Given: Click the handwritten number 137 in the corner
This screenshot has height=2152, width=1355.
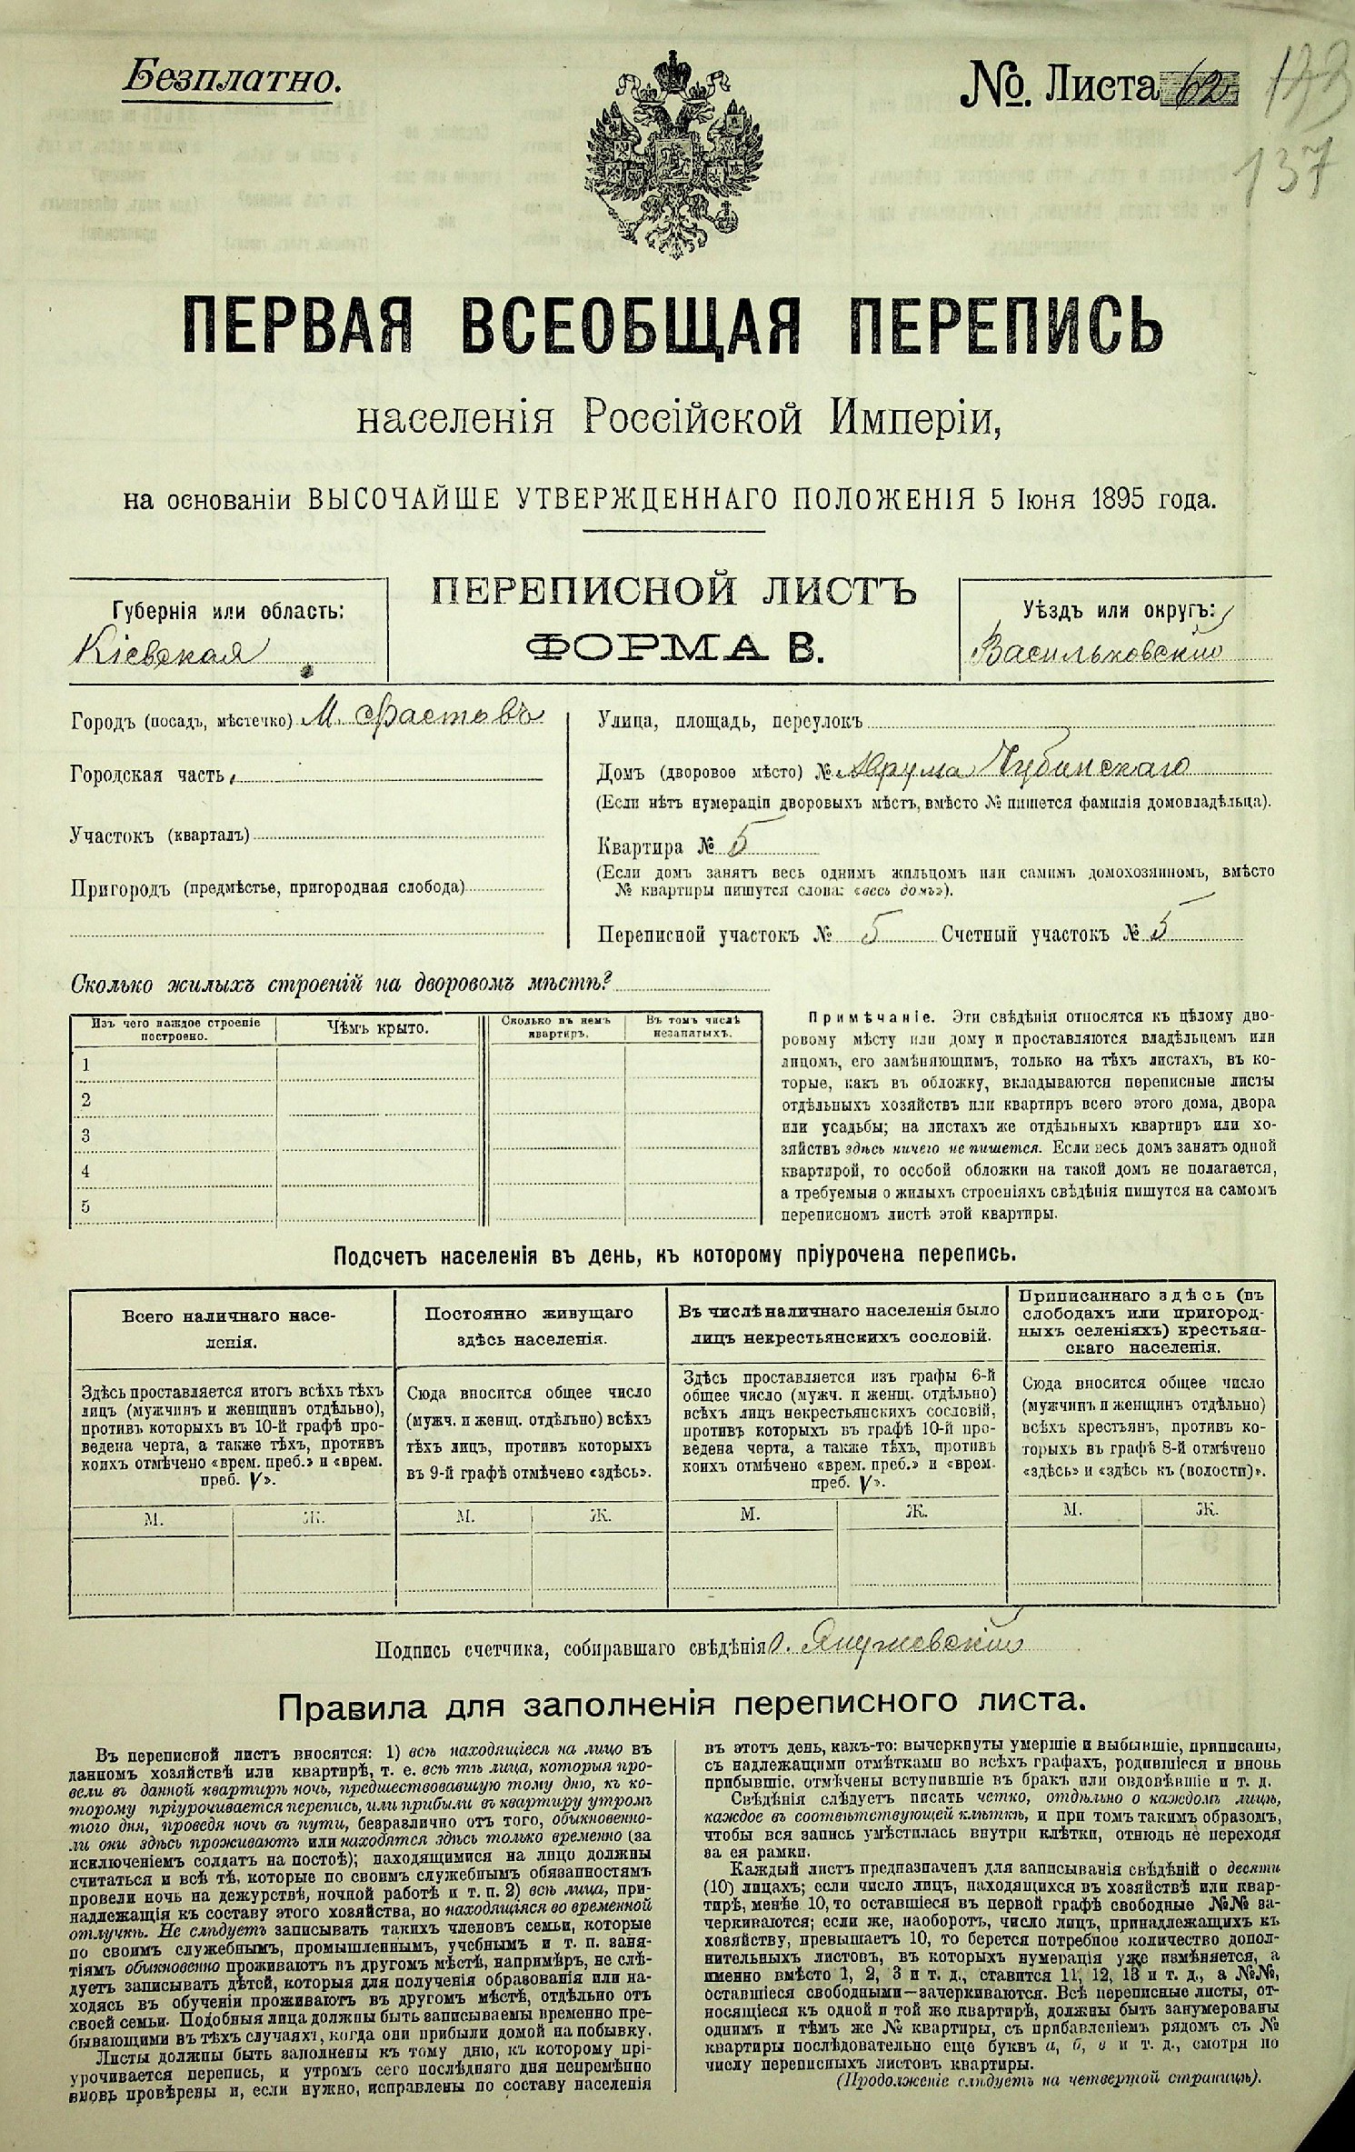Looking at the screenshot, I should click(1294, 167).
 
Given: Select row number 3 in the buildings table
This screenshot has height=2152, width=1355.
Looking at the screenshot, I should click(85, 1135).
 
